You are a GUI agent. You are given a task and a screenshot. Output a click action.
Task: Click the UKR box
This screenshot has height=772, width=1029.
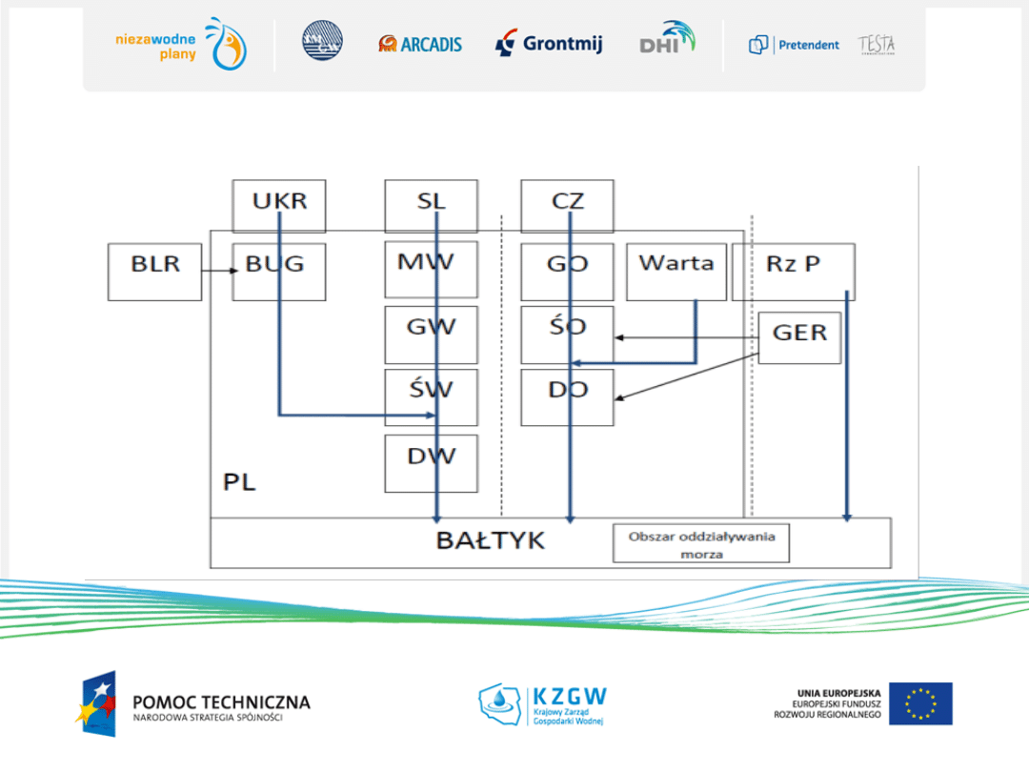[x=279, y=205]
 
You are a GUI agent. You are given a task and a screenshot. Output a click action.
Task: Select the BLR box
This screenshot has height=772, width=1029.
[x=154, y=272]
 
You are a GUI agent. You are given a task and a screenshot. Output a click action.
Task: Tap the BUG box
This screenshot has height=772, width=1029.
[x=278, y=272]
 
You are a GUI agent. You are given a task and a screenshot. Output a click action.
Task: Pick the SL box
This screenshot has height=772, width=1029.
[x=431, y=205]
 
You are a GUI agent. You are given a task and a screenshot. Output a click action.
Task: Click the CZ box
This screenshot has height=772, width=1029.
[x=567, y=205]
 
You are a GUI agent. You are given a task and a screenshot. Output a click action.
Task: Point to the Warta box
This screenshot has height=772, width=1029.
[x=676, y=272]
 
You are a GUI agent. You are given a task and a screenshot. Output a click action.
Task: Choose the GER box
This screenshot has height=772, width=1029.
[x=799, y=337]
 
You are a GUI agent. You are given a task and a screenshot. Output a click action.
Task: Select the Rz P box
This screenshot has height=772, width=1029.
[x=793, y=272]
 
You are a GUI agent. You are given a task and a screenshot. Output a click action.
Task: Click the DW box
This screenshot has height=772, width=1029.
[x=431, y=463]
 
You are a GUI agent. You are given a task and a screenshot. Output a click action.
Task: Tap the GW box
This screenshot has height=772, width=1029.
[x=431, y=335]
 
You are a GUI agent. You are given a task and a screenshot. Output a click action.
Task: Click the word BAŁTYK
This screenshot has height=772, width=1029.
[x=491, y=540]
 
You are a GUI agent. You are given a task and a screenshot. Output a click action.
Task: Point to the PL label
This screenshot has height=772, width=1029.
[x=239, y=482]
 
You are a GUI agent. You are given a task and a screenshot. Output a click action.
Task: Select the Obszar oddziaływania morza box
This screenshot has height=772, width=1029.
[x=701, y=543]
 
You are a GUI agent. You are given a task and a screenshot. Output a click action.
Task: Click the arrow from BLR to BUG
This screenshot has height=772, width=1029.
[x=217, y=272]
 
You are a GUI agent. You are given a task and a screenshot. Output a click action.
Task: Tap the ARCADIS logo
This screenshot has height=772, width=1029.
[x=420, y=44]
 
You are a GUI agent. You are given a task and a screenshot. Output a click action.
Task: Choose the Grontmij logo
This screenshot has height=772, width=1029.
[x=549, y=43]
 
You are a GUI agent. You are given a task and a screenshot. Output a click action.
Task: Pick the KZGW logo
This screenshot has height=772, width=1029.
[x=542, y=703]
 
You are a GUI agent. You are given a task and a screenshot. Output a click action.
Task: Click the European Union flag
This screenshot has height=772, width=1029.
[x=920, y=703]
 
